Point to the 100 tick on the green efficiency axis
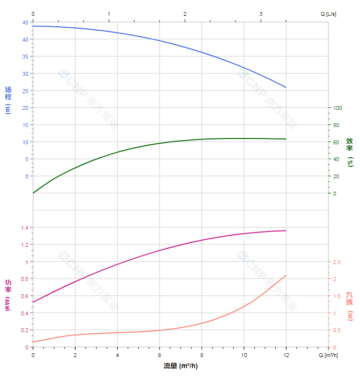coord(337,108)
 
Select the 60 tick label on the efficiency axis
coord(336,142)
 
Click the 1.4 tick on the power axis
coord(24,227)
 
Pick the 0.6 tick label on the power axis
coord(24,296)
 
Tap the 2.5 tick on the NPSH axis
coord(337,262)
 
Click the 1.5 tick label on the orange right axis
coord(337,296)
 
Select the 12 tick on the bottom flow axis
coord(286,355)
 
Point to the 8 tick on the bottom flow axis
coord(202,355)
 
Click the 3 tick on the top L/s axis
coord(261,14)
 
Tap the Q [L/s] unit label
coord(328,14)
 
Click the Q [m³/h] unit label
coord(329,355)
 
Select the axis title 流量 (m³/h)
coord(180,366)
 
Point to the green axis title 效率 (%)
coord(350,152)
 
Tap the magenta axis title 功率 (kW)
coord(8,295)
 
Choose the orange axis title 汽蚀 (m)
coord(350,306)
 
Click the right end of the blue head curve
coord(286,87)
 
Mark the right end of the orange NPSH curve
coord(286,276)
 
